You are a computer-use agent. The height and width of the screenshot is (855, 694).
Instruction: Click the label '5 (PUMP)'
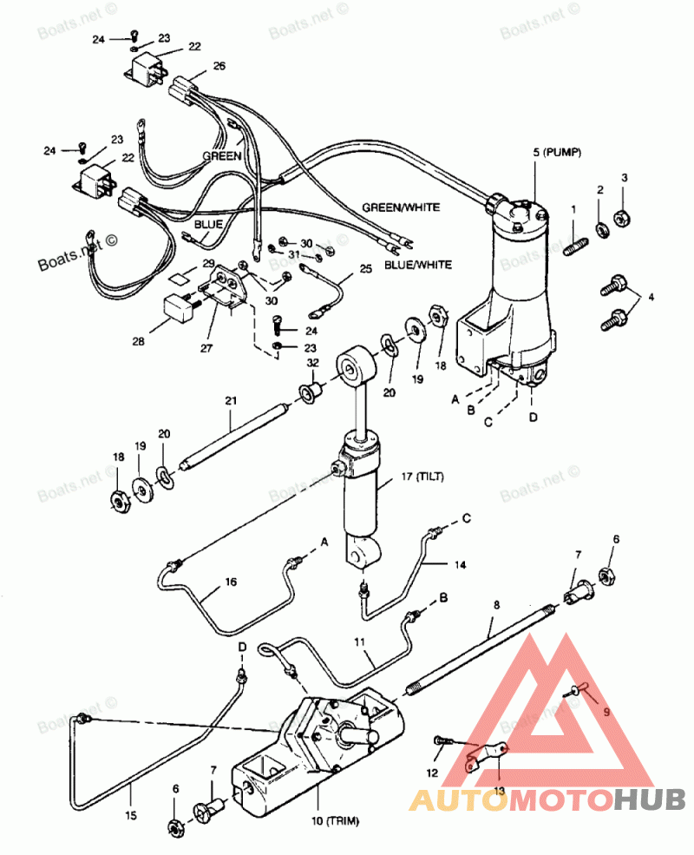click(557, 152)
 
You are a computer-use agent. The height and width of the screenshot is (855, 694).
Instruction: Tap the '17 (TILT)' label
click(422, 477)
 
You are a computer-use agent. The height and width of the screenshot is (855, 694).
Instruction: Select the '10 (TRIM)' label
click(335, 820)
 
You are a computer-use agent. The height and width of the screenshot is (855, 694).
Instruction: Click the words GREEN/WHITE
click(401, 207)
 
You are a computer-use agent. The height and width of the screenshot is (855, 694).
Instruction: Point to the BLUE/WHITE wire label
click(418, 265)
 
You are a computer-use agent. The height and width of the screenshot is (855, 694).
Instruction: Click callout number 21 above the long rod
click(231, 401)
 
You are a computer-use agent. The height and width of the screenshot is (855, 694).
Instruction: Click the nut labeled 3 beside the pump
click(621, 218)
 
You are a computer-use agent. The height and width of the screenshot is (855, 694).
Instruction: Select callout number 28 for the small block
click(138, 341)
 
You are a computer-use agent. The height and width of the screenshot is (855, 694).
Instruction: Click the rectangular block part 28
click(180, 308)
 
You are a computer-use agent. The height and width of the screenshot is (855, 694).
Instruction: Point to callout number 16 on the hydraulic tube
click(231, 582)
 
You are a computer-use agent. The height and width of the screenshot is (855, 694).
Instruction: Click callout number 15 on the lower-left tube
click(131, 816)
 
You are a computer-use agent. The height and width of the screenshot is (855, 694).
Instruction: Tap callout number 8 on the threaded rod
click(496, 605)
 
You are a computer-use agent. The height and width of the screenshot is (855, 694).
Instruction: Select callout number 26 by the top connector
click(219, 66)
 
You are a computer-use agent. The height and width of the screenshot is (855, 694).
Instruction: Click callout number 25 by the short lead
click(365, 269)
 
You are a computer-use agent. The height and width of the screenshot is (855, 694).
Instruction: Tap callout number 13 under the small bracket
click(500, 790)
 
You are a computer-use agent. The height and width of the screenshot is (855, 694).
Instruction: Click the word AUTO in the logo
click(462, 800)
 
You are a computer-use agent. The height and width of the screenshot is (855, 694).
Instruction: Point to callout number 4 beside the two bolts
click(651, 297)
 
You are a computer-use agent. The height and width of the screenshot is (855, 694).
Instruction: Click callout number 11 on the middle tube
click(359, 642)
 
